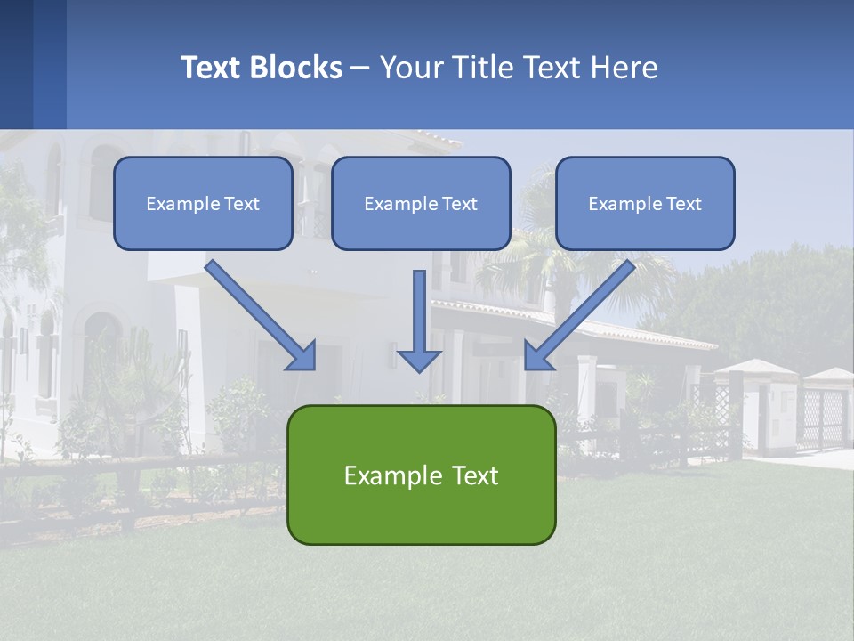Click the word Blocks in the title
click(296, 68)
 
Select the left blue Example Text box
click(203, 204)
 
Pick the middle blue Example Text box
click(421, 204)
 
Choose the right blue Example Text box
click(645, 204)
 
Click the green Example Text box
click(421, 475)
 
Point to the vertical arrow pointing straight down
click(419, 312)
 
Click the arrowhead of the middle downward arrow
click(419, 360)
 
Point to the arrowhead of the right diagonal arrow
click(537, 356)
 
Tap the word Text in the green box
click(475, 475)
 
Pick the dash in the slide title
click(360, 69)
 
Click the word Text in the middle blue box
click(459, 204)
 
